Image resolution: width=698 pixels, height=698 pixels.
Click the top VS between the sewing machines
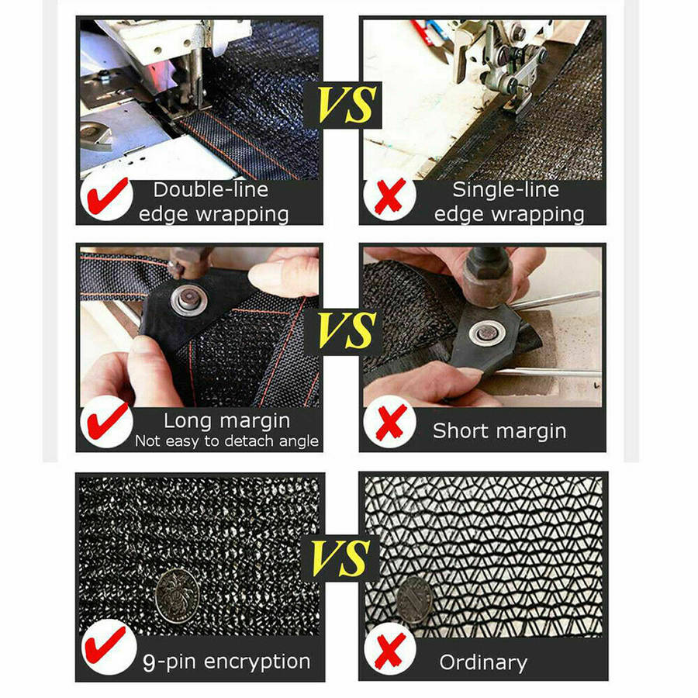pos(346,105)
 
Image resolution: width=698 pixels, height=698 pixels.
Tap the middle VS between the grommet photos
pos(347,330)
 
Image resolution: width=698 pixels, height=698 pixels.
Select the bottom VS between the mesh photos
pos(340,558)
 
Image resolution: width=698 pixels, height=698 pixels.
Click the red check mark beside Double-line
pos(108,196)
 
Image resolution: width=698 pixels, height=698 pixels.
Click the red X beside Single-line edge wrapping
pos(390,196)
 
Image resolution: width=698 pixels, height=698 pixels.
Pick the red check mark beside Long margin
pos(108,421)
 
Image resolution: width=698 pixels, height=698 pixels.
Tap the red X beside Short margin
pos(391,422)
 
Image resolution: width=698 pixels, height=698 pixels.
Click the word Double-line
pos(211,190)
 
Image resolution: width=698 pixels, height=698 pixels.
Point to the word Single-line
pos(506,190)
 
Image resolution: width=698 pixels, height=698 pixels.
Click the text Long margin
pos(227,421)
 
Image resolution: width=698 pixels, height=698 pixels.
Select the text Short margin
pos(499,431)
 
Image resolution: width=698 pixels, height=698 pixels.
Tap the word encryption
pos(257,662)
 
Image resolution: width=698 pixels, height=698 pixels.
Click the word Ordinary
pos(483,663)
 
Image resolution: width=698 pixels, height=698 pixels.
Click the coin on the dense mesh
pos(178,596)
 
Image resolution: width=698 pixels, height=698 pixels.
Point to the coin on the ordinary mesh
pos(414,600)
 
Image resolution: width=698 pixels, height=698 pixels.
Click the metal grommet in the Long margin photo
pos(189,299)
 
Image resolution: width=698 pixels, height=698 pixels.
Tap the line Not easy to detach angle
pos(227,441)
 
